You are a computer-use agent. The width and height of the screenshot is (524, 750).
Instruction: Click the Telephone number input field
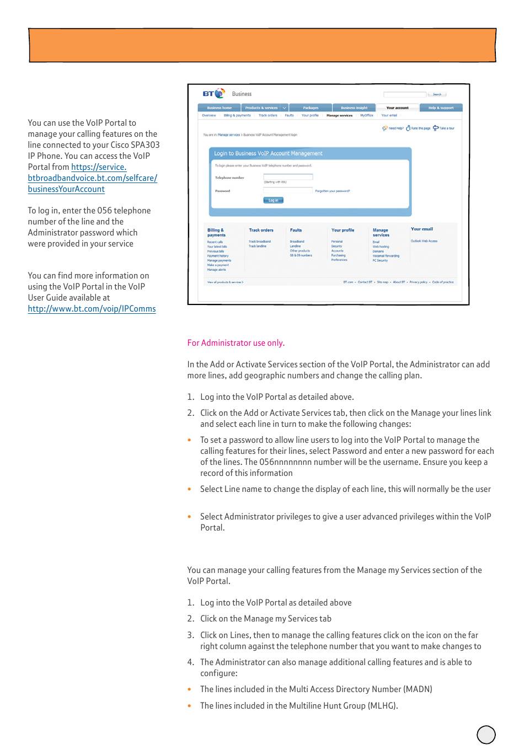[x=288, y=177]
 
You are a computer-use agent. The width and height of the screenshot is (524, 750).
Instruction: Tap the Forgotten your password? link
[x=332, y=191]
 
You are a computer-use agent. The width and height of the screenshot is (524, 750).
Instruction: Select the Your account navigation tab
[x=397, y=108]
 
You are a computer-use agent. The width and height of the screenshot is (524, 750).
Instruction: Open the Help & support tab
[x=441, y=108]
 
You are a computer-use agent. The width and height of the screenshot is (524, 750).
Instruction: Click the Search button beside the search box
[x=437, y=94]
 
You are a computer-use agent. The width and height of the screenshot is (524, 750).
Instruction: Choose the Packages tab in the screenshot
[x=311, y=108]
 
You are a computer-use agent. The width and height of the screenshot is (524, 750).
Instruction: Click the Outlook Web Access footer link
[x=424, y=241]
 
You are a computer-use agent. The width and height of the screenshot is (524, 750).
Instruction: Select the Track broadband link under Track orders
[x=259, y=242]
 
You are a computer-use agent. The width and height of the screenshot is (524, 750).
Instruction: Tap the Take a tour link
[x=447, y=128]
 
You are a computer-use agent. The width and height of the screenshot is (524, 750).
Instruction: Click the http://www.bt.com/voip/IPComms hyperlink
[x=92, y=309]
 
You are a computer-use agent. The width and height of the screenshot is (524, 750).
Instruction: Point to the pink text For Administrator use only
[x=236, y=343]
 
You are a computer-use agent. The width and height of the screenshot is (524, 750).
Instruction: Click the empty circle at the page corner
[x=486, y=735]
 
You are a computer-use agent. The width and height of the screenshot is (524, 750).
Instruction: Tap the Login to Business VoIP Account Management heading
[x=268, y=153]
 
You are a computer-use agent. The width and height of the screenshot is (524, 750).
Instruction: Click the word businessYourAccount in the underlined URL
[x=66, y=189]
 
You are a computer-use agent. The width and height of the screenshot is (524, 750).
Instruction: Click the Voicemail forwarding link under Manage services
[x=386, y=256]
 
